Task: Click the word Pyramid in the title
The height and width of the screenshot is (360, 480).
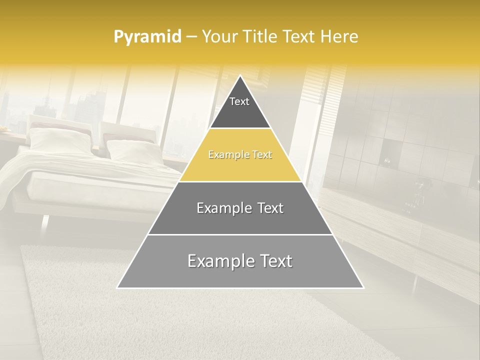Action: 147,37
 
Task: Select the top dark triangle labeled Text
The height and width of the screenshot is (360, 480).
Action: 239,107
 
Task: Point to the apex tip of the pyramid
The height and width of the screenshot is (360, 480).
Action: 240,76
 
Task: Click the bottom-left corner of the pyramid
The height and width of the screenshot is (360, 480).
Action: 118,287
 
